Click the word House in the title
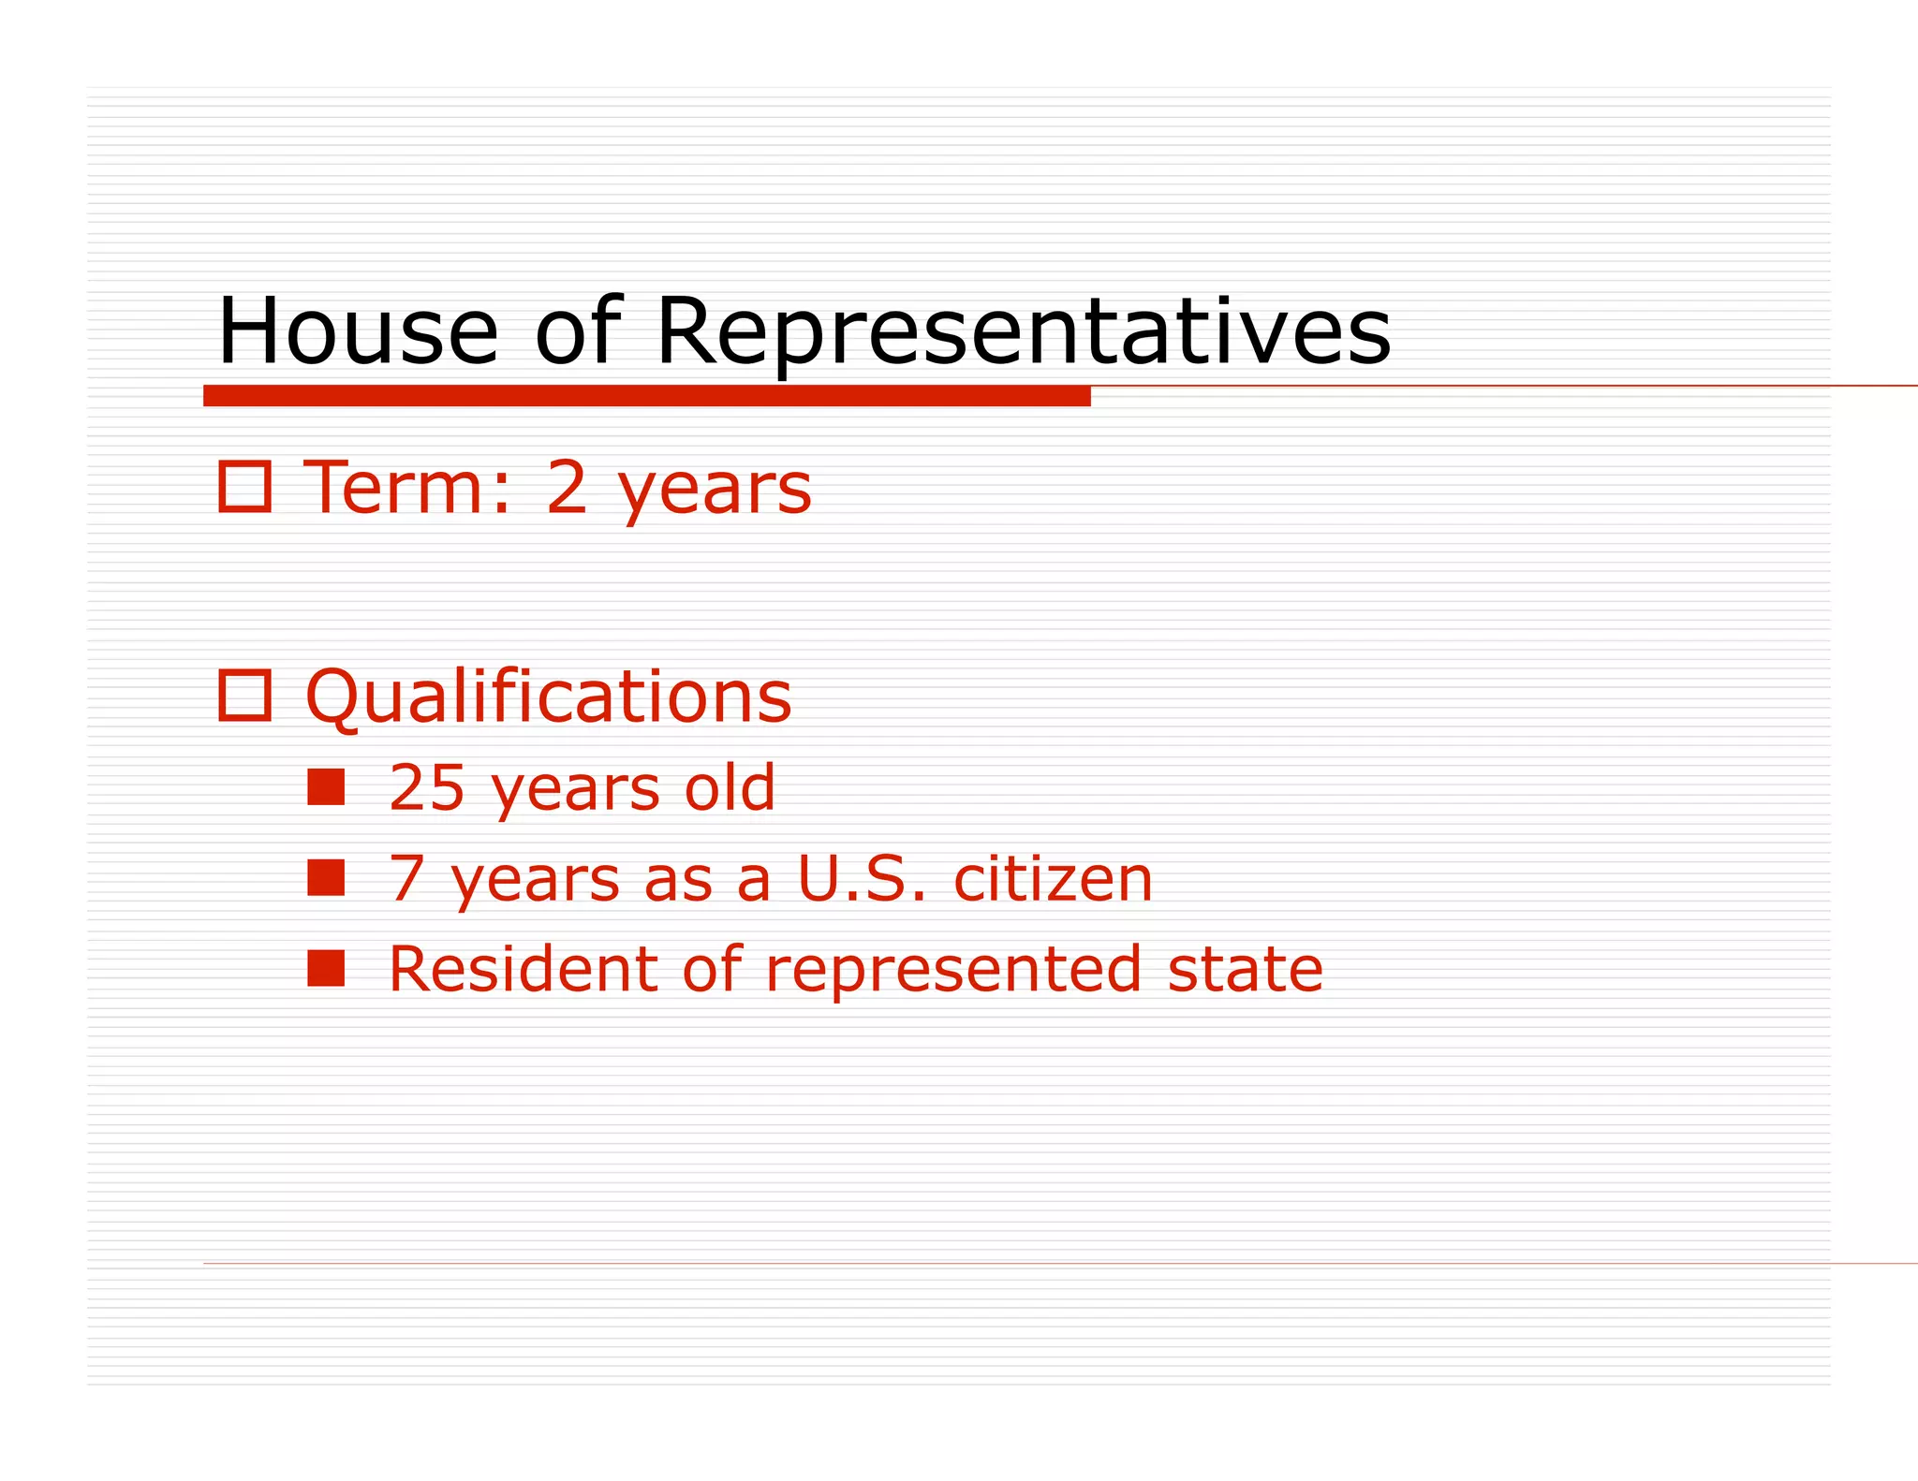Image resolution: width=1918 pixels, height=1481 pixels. [x=358, y=331]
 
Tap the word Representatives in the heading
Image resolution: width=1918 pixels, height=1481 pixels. [x=1023, y=331]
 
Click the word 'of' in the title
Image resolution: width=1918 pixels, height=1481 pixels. [x=577, y=331]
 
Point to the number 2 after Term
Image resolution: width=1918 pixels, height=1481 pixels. [x=568, y=488]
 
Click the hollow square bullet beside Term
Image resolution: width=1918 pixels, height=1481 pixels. [x=244, y=487]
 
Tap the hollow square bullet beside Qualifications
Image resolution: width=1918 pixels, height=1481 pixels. [x=244, y=696]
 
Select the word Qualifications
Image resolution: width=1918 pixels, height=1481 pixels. [x=549, y=697]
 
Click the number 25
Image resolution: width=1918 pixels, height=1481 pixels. [x=426, y=787]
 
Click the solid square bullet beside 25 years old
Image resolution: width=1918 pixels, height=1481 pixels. [x=326, y=787]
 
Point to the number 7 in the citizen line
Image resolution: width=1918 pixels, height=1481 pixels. [x=407, y=878]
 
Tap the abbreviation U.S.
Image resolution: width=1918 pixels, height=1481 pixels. [x=863, y=878]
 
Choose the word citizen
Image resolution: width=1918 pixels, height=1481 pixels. [x=1053, y=878]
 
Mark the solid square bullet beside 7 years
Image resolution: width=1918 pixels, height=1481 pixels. [x=326, y=878]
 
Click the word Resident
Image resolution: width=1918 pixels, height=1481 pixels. [x=523, y=969]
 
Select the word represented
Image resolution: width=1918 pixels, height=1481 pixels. [x=953, y=969]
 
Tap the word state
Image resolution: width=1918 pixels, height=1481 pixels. [x=1246, y=969]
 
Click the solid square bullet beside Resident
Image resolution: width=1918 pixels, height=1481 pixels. [x=326, y=969]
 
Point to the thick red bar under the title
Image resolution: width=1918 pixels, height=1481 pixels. [x=646, y=396]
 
